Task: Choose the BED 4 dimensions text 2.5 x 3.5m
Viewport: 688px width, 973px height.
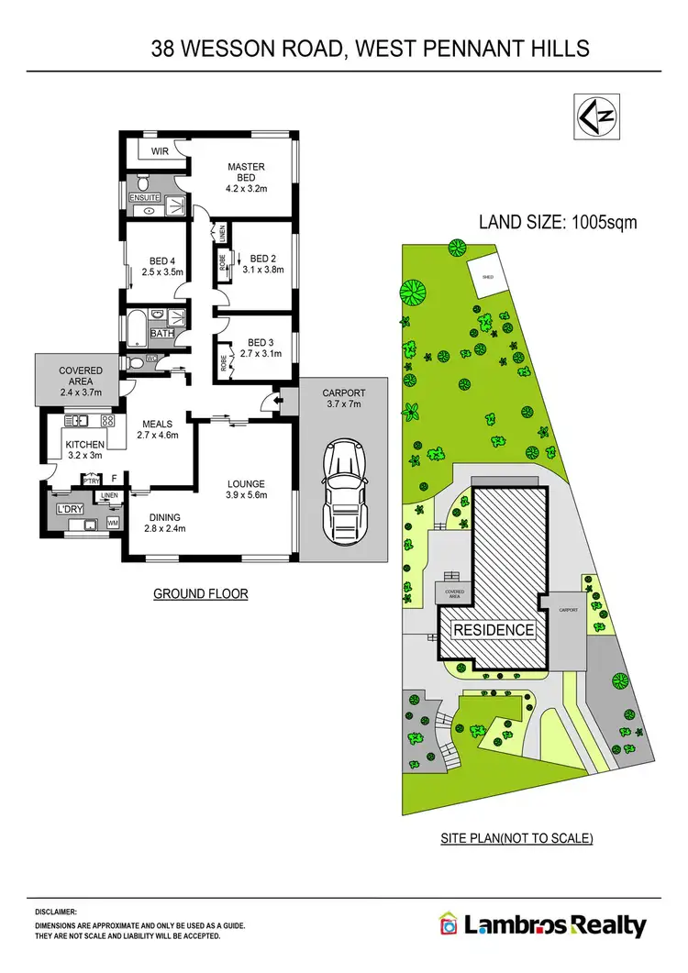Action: pos(164,271)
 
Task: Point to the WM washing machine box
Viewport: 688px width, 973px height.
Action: pos(114,523)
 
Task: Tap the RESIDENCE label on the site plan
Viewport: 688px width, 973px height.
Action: pos(494,630)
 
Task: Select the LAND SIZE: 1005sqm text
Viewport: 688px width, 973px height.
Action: pos(558,221)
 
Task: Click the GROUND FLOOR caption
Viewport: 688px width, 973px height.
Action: pos(201,594)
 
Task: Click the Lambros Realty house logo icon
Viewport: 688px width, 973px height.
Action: pos(449,925)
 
